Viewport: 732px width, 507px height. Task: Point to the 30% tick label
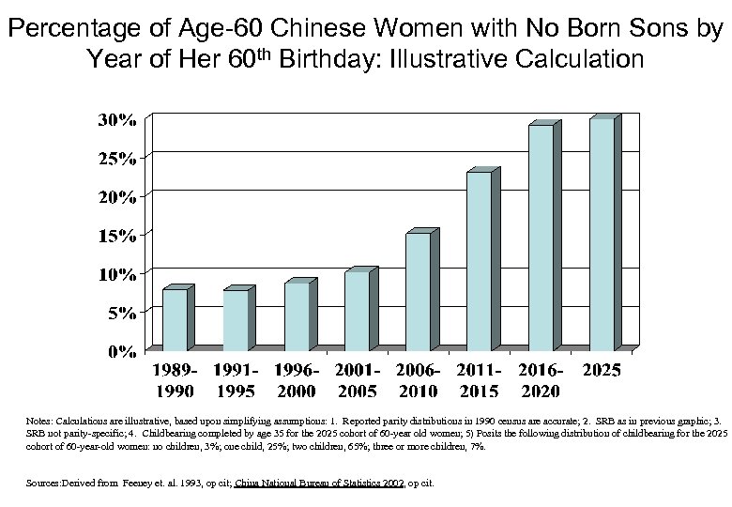tap(119, 120)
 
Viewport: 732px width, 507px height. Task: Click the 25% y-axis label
tap(119, 159)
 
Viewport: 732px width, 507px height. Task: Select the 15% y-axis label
tap(119, 236)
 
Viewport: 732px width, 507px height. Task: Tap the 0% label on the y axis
tap(124, 352)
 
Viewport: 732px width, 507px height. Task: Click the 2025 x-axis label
tap(602, 371)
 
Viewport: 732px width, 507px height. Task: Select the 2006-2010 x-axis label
tap(419, 380)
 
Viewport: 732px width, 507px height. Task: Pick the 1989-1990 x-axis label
tap(176, 380)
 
